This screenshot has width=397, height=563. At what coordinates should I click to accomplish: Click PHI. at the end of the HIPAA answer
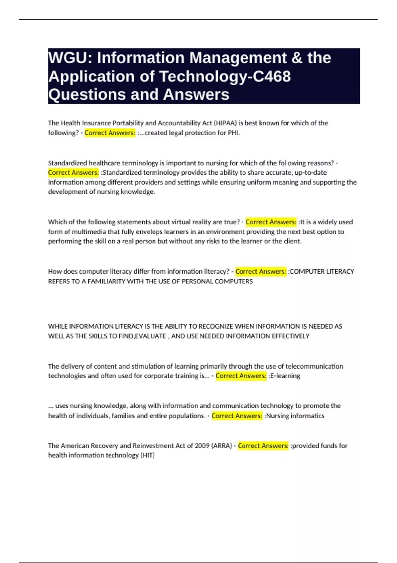[234, 133]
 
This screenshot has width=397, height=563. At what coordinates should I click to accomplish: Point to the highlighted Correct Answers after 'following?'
[110, 133]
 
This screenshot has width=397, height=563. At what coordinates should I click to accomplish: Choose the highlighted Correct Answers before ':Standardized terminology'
[73, 173]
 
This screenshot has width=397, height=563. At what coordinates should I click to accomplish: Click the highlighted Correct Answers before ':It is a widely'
[271, 222]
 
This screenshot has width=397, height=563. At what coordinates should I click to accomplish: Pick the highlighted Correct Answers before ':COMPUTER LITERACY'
[261, 272]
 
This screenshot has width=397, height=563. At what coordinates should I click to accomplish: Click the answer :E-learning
[285, 376]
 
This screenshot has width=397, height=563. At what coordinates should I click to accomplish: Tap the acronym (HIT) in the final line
[148, 455]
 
